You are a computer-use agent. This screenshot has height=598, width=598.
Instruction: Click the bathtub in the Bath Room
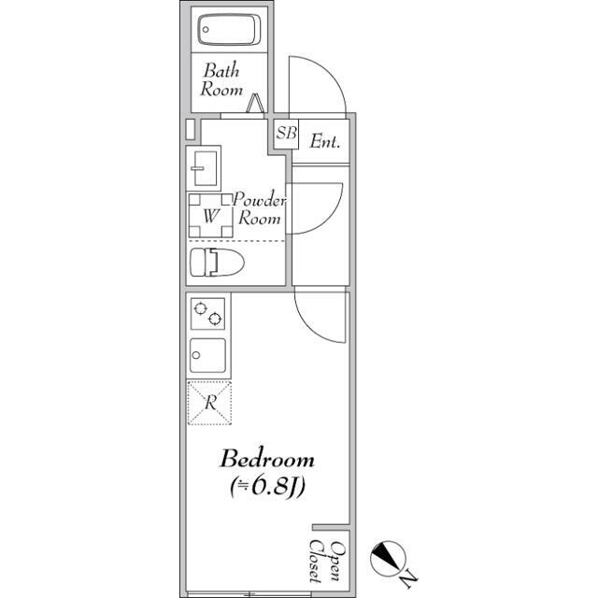(228, 31)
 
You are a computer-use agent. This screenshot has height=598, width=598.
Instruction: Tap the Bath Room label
(222, 80)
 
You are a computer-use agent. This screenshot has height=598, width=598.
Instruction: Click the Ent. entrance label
(324, 142)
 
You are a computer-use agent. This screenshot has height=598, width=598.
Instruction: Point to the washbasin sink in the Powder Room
(203, 167)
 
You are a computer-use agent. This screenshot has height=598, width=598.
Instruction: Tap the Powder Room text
(259, 208)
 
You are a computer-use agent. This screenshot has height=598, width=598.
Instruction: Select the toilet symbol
(215, 263)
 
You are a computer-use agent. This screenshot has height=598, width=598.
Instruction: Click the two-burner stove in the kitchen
(206, 314)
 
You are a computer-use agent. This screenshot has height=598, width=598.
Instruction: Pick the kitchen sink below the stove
(206, 355)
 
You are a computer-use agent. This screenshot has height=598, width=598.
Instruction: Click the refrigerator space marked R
(211, 404)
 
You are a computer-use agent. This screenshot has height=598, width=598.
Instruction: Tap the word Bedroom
(266, 460)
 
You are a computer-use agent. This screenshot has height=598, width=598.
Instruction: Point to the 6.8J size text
(268, 487)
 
